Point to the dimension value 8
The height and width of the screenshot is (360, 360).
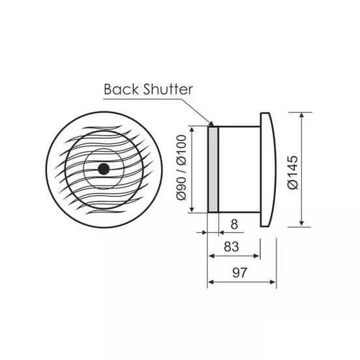(233, 223)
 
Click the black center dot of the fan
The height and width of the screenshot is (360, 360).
(103, 169)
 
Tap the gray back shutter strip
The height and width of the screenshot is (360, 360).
(213, 169)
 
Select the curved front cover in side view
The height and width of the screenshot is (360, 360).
(268, 170)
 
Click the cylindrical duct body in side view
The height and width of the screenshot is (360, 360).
(239, 169)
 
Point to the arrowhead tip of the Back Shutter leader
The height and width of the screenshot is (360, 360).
(211, 123)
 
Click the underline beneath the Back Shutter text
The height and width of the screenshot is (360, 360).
(150, 98)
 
